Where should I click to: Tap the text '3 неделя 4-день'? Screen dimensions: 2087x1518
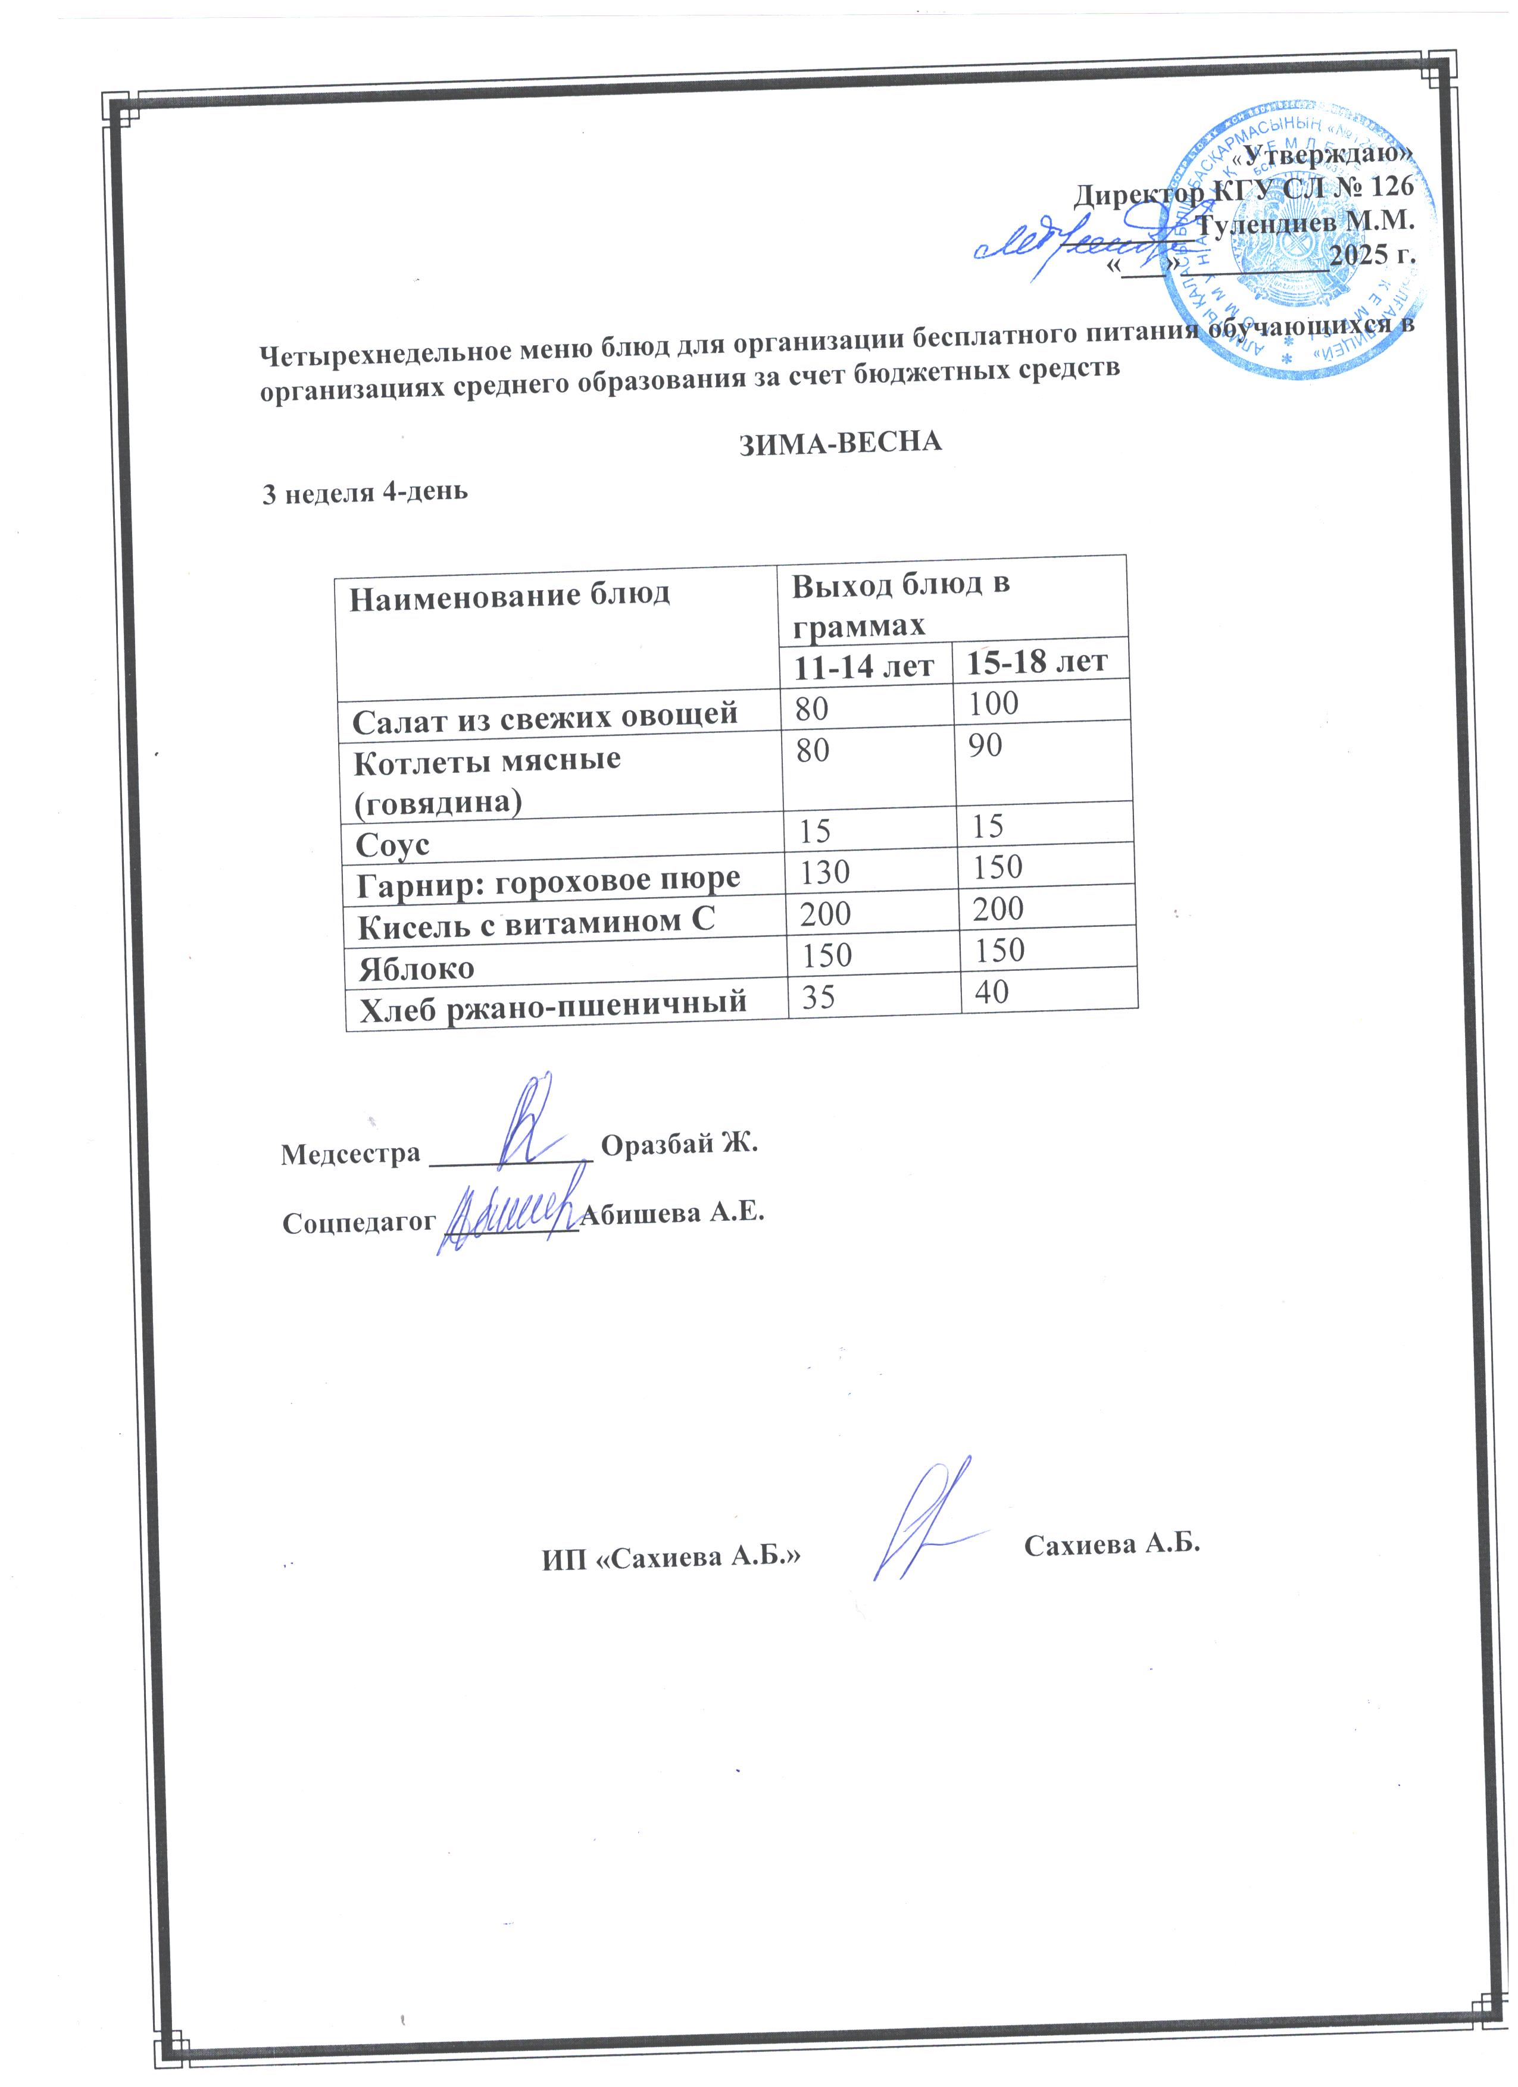[x=366, y=493]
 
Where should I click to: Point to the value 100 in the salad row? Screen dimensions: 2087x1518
[x=994, y=704]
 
